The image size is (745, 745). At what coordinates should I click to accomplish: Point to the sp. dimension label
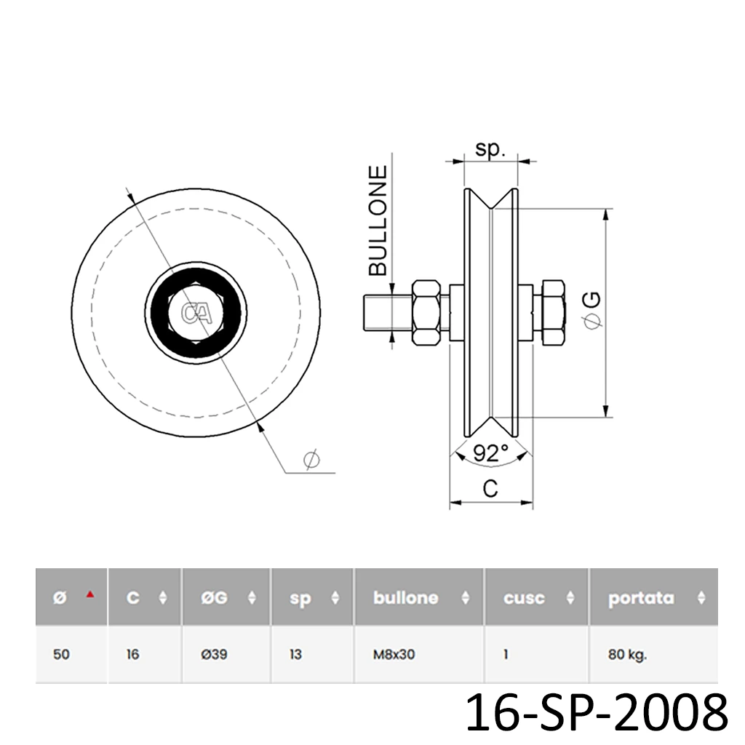(491, 148)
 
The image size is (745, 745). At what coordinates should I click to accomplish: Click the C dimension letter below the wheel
(491, 489)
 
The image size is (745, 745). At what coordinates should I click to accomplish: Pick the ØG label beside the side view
(593, 309)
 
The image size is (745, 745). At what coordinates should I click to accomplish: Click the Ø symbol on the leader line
(311, 460)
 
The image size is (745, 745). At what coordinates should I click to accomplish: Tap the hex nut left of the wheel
(428, 314)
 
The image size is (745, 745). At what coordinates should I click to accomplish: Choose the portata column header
(641, 598)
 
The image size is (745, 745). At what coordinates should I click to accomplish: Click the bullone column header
(405, 598)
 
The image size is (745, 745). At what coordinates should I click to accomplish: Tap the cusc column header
(524, 598)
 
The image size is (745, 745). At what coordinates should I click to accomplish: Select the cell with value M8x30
(394, 654)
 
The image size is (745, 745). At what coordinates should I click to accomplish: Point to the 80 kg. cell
(627, 654)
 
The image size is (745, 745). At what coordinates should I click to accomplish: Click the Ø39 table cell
(214, 654)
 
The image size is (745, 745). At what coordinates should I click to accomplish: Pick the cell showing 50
(62, 654)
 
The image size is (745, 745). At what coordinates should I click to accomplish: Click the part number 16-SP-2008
(596, 712)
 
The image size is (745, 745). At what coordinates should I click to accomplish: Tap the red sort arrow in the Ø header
(90, 594)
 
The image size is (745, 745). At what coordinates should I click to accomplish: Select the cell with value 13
(295, 654)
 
